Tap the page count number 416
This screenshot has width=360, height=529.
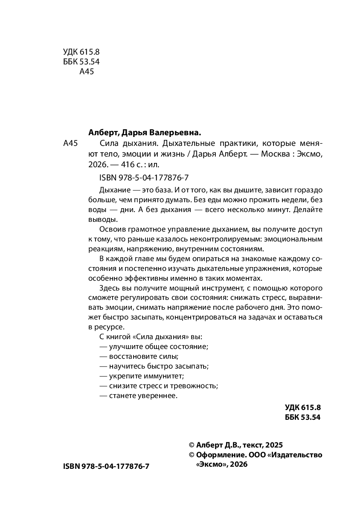click(129, 165)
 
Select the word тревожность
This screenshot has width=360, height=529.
click(196, 386)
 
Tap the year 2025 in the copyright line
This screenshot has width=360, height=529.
click(273, 444)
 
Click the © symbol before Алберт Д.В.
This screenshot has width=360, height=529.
click(192, 444)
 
